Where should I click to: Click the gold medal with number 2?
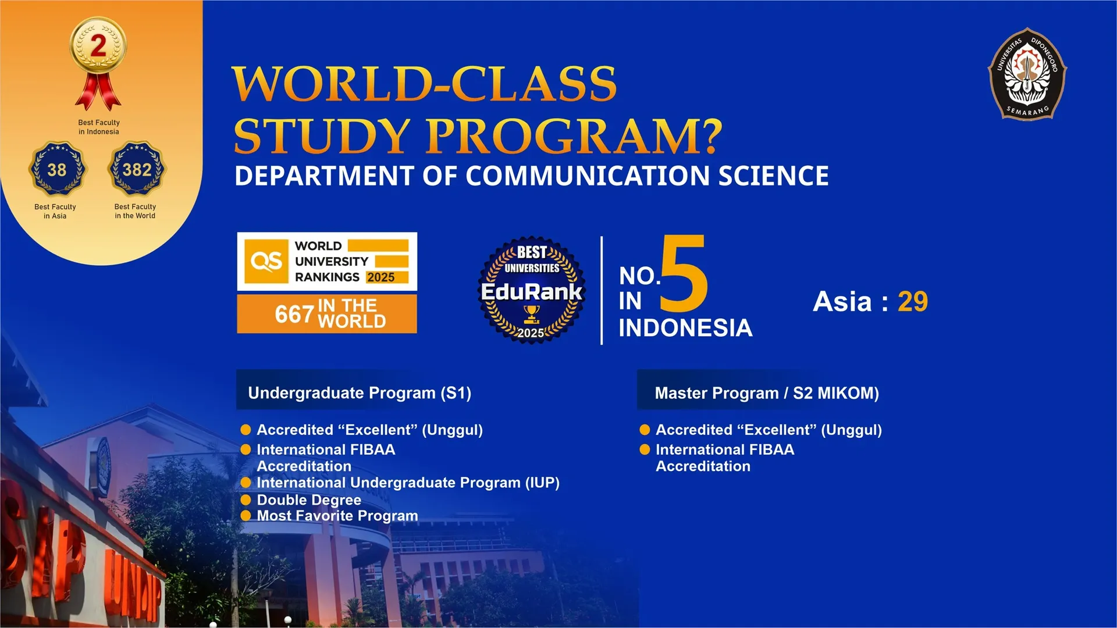98,63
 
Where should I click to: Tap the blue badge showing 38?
57,169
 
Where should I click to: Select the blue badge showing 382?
137,169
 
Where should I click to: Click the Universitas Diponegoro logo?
1027,74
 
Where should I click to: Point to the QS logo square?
266,261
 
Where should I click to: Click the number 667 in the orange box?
294,315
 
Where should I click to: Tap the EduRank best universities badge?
531,290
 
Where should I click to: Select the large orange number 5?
684,273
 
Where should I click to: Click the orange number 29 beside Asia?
912,301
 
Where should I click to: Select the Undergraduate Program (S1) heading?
360,393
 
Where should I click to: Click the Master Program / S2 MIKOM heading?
767,393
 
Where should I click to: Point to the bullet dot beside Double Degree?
246,499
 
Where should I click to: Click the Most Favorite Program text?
337,516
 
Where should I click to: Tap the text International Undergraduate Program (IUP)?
408,483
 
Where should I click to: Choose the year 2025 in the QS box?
381,277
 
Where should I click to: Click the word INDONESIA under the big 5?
685,328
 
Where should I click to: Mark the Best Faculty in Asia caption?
55,211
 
